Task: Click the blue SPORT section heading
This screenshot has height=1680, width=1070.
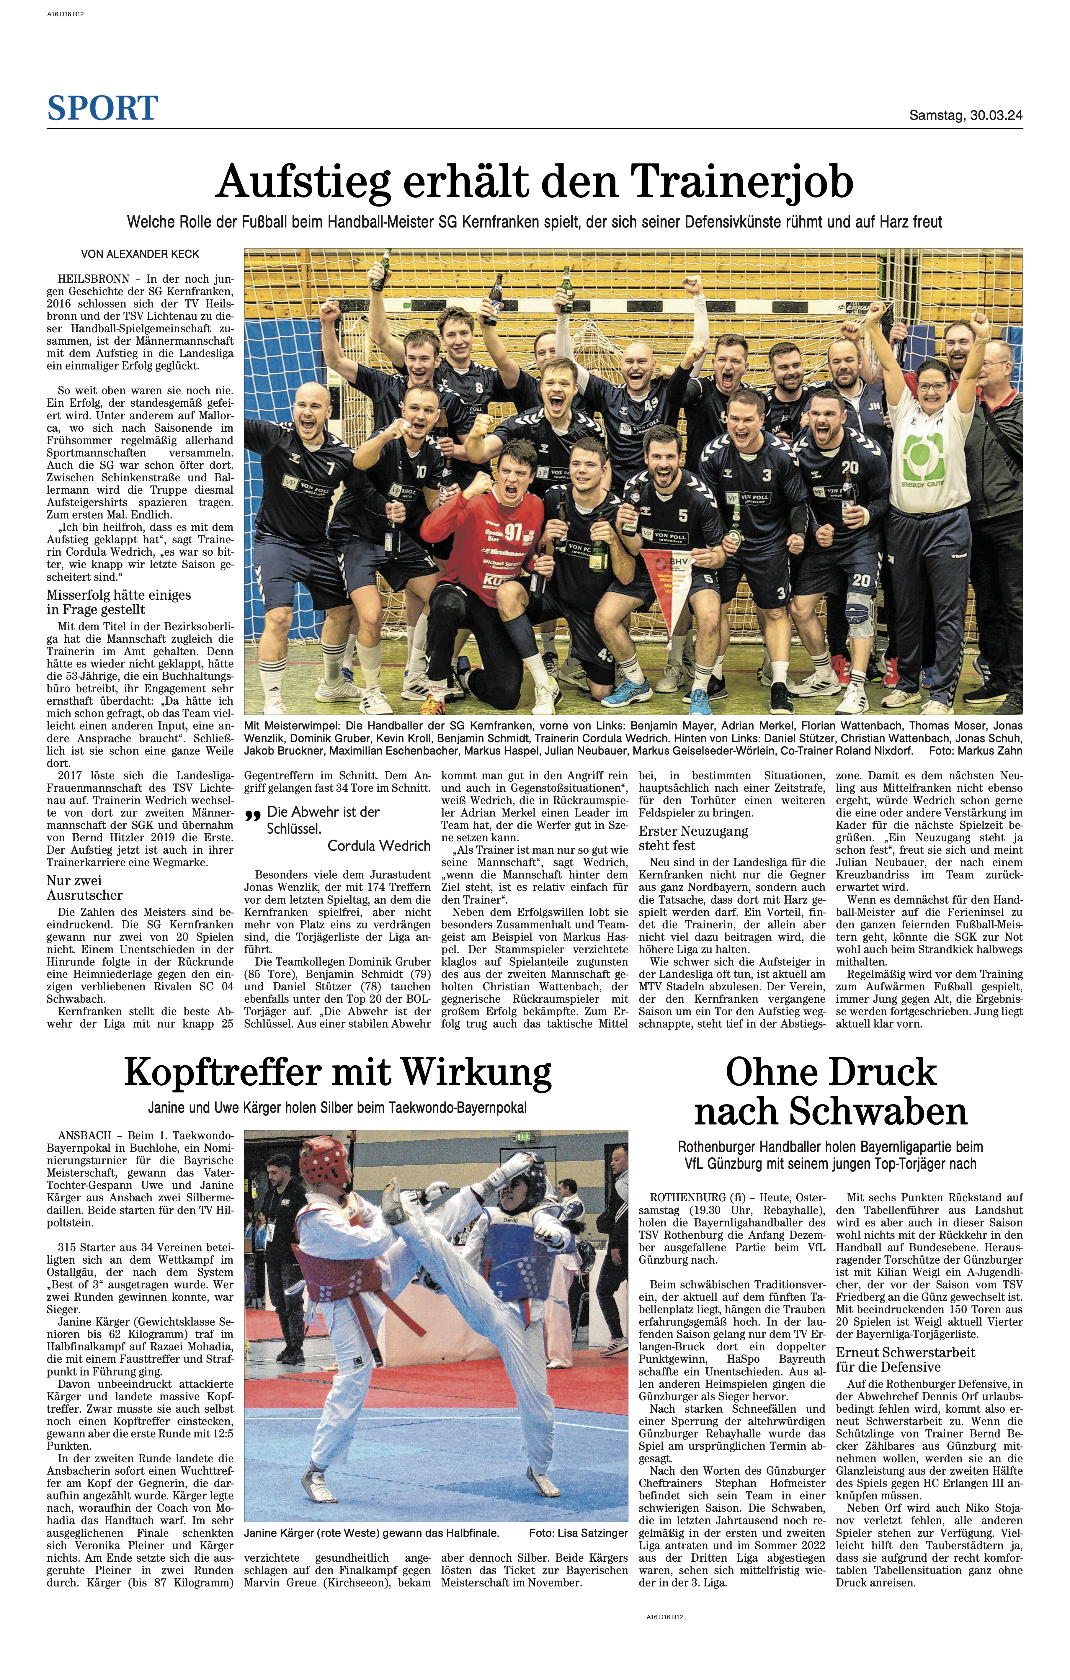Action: point(103,108)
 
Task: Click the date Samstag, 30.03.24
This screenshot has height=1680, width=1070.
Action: point(965,116)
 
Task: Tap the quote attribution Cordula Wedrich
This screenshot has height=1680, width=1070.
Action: point(379,845)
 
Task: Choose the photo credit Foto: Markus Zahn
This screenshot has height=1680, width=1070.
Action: point(976,751)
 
